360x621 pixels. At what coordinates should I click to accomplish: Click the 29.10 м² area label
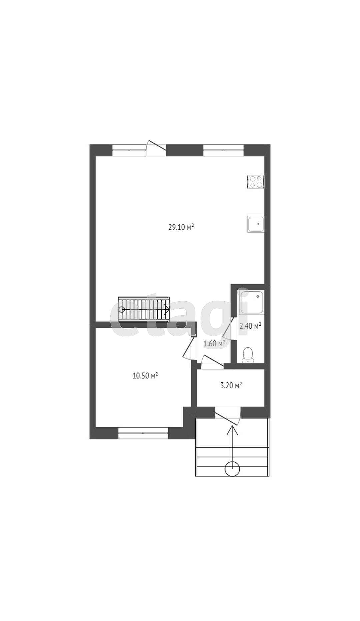click(x=181, y=227)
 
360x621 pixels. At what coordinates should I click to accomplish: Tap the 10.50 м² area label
click(x=145, y=376)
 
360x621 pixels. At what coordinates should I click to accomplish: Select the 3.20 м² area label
click(x=231, y=386)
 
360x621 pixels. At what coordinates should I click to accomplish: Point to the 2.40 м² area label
click(x=250, y=326)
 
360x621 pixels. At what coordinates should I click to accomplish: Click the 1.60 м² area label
click(x=214, y=343)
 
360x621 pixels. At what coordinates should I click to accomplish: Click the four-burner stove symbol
click(x=255, y=182)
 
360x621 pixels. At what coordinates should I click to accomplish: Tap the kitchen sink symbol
click(x=256, y=224)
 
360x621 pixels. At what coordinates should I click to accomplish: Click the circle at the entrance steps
click(x=232, y=469)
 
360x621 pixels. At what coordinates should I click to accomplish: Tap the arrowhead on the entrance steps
click(x=232, y=430)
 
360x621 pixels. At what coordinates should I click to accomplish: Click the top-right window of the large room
click(x=223, y=150)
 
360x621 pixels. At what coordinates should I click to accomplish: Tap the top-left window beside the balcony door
click(x=129, y=150)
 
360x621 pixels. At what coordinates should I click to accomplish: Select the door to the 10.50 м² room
click(x=189, y=348)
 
